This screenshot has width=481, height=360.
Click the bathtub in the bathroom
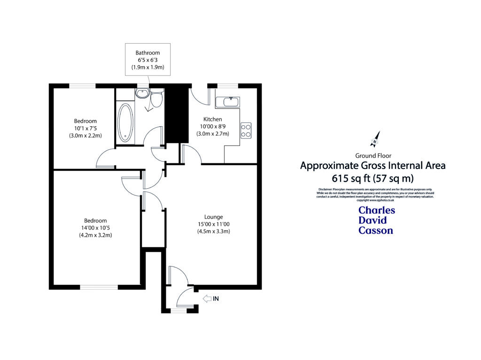125,123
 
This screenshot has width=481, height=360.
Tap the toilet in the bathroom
156,99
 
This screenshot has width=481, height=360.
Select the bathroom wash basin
141,93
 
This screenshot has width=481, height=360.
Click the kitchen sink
228,102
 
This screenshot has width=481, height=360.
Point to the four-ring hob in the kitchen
246,130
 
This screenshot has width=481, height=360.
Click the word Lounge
213,217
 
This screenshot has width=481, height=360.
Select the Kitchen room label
212,119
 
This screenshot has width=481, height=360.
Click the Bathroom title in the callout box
147,53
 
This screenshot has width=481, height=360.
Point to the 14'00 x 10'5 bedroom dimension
95,228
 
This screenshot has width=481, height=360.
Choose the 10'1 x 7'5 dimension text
85,128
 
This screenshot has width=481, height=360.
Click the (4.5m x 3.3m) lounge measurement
213,231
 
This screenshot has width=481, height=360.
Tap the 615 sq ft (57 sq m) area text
372,178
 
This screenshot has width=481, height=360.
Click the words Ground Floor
373,155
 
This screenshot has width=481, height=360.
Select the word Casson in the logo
375,230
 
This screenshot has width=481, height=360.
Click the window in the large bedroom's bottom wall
99,287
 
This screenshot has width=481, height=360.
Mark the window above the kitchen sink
227,85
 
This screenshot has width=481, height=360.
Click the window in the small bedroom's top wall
82,85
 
